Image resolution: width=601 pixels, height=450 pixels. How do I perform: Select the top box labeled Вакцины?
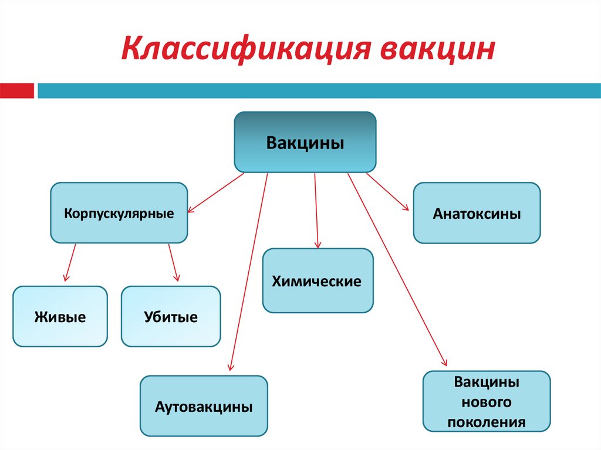pyautogui.click(x=305, y=143)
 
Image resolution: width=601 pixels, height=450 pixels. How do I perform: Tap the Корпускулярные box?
pyautogui.click(x=119, y=212)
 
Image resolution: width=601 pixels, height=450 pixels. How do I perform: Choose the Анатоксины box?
pyautogui.click(x=477, y=213)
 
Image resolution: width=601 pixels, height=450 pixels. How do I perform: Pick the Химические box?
pyautogui.click(x=318, y=280)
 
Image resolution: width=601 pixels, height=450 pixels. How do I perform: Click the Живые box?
pyautogui.click(x=60, y=317)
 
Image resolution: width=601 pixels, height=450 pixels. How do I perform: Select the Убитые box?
pyautogui.click(x=171, y=317)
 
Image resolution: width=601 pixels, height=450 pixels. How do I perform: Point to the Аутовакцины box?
pyautogui.click(x=204, y=406)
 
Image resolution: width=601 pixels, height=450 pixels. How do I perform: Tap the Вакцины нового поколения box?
pyautogui.click(x=486, y=402)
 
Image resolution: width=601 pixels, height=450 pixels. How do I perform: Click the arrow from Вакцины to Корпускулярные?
pyautogui.click(x=215, y=192)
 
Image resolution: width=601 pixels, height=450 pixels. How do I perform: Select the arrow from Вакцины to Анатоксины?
pyautogui.click(x=387, y=191)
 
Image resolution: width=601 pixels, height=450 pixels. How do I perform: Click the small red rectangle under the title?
pyautogui.click(x=17, y=91)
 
